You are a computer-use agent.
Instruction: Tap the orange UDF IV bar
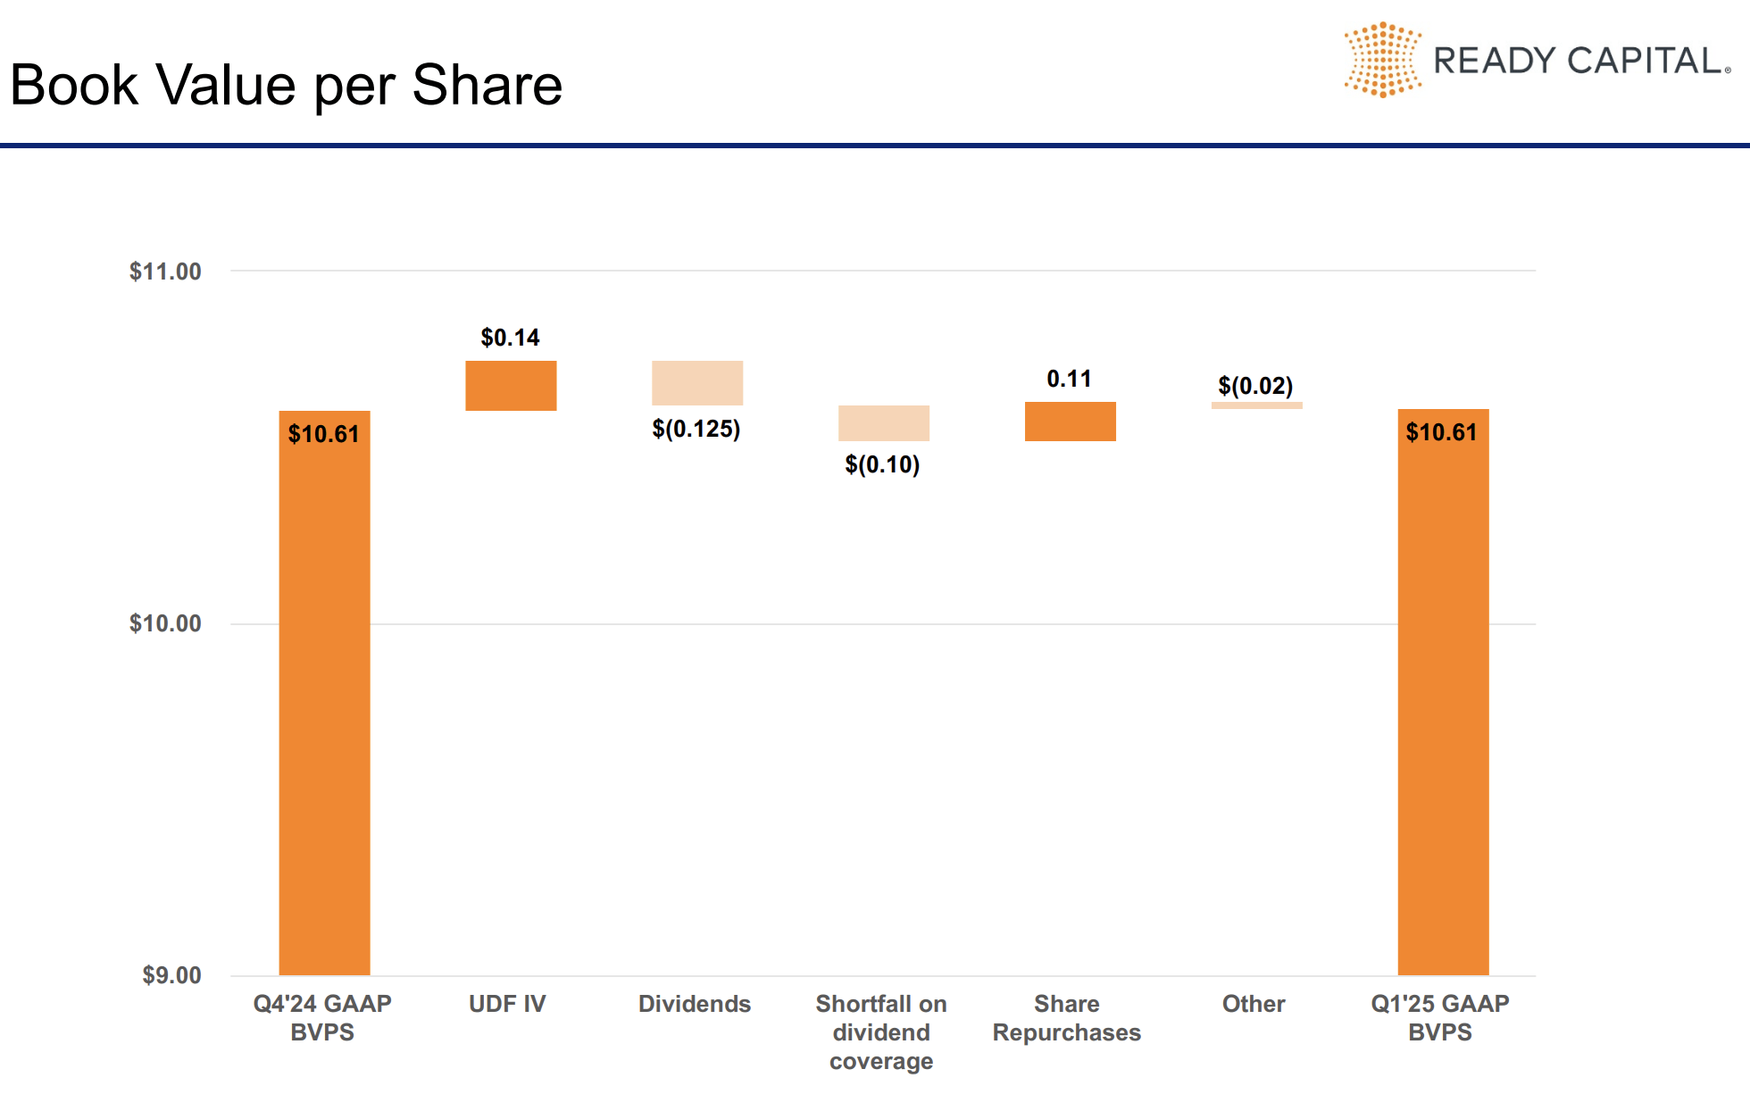tap(511, 386)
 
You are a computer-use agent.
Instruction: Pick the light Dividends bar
tap(697, 383)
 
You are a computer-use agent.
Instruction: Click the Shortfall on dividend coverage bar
tap(883, 423)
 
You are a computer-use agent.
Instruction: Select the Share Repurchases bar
tap(1070, 422)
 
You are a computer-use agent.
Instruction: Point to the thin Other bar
tap(1256, 405)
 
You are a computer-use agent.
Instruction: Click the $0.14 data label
tap(510, 338)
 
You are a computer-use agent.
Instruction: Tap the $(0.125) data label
tap(696, 429)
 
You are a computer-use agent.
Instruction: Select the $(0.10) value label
tap(882, 464)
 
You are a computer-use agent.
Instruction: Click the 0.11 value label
tap(1069, 379)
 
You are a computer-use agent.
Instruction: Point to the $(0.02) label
tap(1255, 386)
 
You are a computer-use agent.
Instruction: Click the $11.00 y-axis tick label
tap(165, 271)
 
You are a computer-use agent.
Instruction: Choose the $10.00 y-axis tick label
tap(165, 623)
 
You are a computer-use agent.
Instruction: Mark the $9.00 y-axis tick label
tap(171, 975)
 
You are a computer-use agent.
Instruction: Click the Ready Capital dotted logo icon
tap(1382, 60)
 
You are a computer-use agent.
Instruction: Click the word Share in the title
tap(487, 86)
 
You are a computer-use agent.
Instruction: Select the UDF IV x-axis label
tap(507, 1004)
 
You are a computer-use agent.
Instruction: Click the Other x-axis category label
tap(1254, 1004)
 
